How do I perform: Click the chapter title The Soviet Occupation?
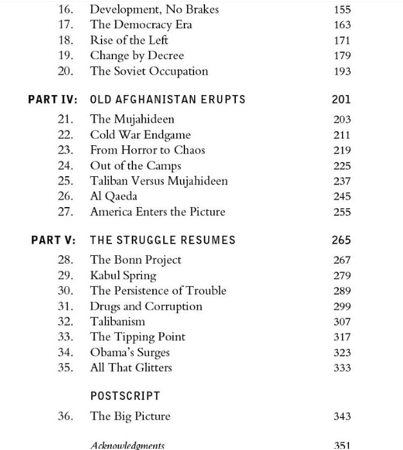tap(148, 71)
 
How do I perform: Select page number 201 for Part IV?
tap(341, 100)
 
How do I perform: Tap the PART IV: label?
tap(53, 100)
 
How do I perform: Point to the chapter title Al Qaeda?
tap(113, 196)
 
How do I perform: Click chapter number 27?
tap(65, 212)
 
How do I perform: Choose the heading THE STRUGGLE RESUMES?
tap(163, 240)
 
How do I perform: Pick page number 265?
tap(341, 240)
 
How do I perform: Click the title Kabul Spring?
tap(123, 275)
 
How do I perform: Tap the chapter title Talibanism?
tap(118, 321)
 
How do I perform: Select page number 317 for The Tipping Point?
tap(342, 337)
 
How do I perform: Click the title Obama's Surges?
tap(130, 352)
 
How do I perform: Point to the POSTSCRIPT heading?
tap(125, 396)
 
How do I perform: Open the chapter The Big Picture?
tap(130, 416)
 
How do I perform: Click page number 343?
tap(342, 417)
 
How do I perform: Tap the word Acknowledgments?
tap(127, 445)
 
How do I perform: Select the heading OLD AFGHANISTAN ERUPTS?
tap(168, 100)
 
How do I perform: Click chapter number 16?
tap(65, 10)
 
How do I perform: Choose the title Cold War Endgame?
tap(140, 135)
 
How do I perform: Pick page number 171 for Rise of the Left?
tap(342, 40)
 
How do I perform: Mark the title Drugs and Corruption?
tap(146, 306)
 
